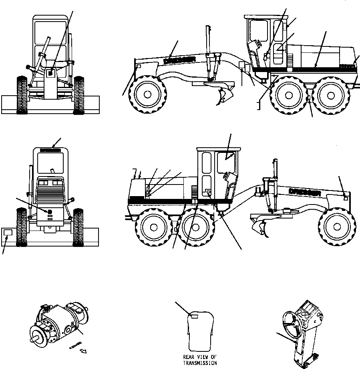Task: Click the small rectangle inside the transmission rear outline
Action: pos(194,316)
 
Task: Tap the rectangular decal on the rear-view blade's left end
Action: pos(8,233)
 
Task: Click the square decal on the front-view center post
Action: pos(50,73)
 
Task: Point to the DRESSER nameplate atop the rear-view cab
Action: pos(50,151)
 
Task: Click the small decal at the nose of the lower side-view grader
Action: pos(345,197)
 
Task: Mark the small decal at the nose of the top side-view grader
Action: pos(138,66)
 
